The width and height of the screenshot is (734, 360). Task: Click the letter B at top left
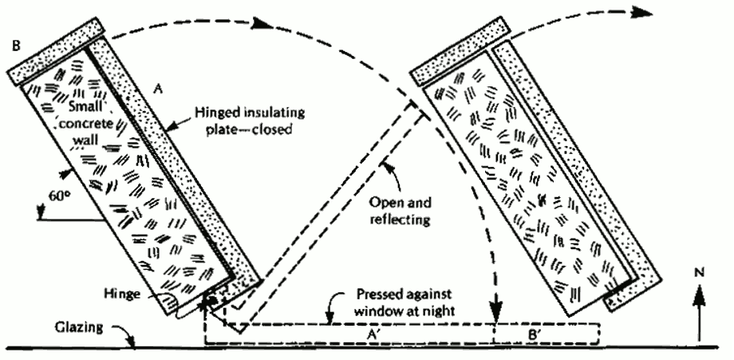point(15,46)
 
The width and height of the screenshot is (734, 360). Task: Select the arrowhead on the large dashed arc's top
point(259,22)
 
